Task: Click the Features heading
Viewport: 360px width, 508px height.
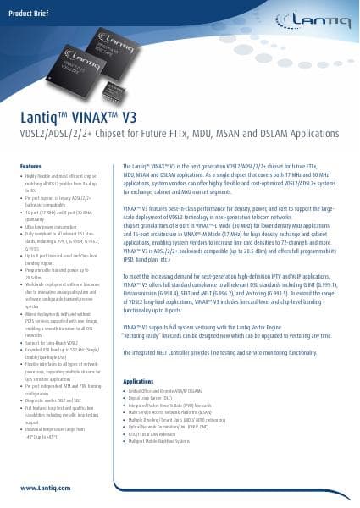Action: [30, 163]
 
